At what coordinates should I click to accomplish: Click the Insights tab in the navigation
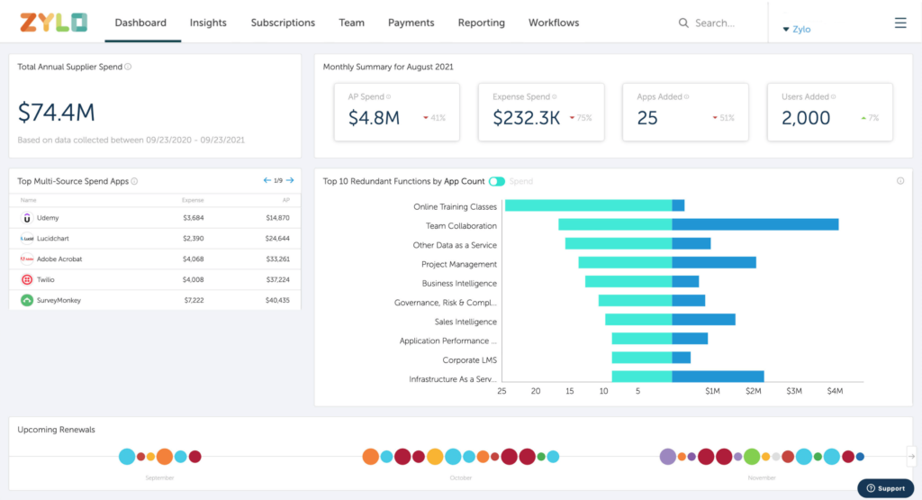208,23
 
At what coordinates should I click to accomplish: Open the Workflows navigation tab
554,23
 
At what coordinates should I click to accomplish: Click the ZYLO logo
54,23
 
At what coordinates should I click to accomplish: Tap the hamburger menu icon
900,23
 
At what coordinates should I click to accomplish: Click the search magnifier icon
683,23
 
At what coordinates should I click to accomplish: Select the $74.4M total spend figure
57,113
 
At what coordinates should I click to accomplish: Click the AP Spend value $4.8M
374,117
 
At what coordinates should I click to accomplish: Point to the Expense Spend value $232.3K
527,117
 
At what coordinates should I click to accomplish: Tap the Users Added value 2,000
805,117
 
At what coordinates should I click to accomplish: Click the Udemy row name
49,218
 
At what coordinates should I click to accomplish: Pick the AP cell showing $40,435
277,300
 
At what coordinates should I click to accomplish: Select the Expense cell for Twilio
194,279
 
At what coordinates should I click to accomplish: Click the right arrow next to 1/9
290,181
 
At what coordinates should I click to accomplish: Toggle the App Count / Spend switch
497,181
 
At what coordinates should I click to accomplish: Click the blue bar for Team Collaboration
755,225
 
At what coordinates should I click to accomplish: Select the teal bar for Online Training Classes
588,206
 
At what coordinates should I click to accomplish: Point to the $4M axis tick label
835,391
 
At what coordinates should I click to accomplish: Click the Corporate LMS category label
469,360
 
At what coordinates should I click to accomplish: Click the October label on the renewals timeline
460,477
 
